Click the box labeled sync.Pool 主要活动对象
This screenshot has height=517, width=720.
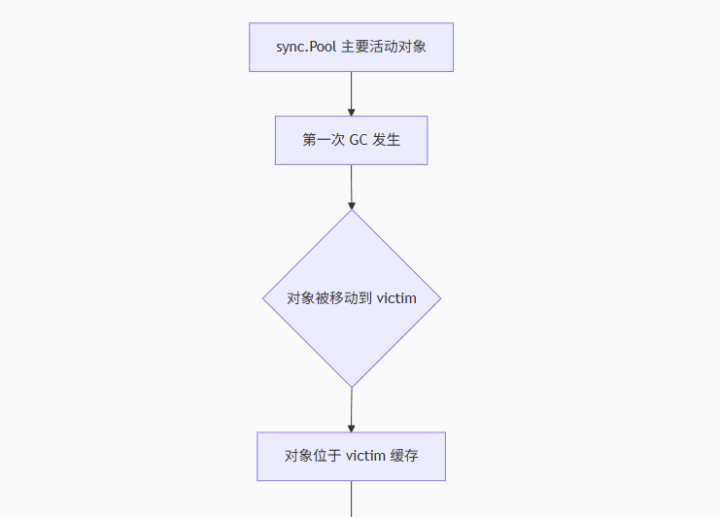(351, 47)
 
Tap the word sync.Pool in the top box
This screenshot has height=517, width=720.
(306, 48)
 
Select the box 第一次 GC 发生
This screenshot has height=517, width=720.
(351, 140)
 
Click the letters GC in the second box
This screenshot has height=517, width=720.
(359, 140)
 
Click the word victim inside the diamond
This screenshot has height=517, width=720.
(396, 298)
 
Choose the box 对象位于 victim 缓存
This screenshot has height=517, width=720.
(351, 456)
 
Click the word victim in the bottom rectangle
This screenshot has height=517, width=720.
(365, 456)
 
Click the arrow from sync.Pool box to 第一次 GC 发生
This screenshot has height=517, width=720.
(351, 93)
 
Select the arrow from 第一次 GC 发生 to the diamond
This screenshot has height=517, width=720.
(351, 187)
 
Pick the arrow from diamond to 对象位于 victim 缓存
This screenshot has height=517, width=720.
(351, 409)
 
